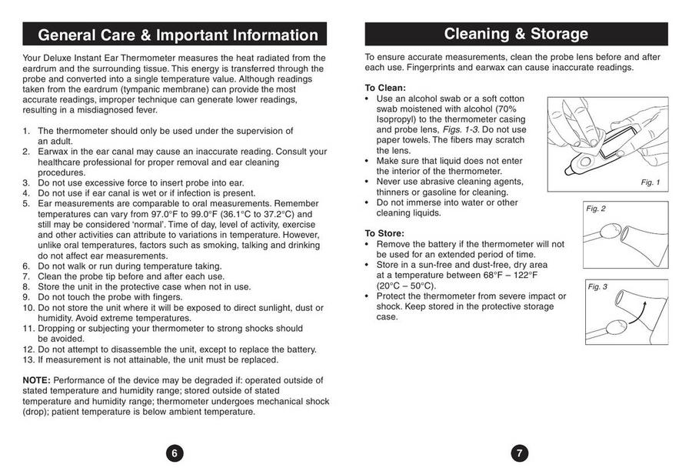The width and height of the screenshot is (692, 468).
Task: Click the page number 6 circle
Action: [175, 453]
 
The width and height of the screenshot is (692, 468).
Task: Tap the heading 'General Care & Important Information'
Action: [178, 35]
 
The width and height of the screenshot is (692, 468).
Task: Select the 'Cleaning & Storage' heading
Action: [516, 33]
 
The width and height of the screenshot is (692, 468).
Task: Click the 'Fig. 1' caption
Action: [650, 182]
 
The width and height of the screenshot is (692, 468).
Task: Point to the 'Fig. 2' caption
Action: [596, 209]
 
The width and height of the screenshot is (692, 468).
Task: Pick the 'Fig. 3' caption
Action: [597, 287]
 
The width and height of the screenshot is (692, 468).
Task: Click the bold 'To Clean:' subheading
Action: [385, 88]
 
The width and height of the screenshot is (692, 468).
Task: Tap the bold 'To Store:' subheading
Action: [384, 233]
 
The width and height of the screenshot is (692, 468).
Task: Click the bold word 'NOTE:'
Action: [36, 380]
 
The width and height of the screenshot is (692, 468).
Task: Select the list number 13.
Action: [28, 359]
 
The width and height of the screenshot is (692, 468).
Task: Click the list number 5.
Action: [26, 203]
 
